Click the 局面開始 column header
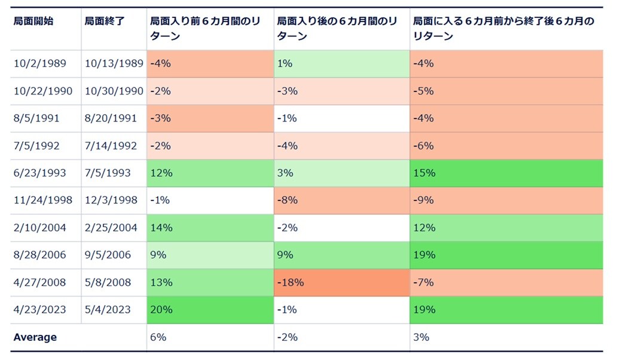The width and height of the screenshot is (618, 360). point(33,21)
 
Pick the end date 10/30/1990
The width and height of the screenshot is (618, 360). point(114,91)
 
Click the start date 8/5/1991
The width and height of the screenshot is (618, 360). point(36,118)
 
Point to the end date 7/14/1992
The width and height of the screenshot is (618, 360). point(111,146)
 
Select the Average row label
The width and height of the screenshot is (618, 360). point(35,337)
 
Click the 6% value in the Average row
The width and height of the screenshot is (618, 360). point(158,337)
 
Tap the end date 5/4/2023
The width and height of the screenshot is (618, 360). point(108,310)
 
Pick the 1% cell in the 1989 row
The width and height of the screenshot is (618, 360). point(284,63)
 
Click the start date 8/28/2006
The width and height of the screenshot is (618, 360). point(39,255)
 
